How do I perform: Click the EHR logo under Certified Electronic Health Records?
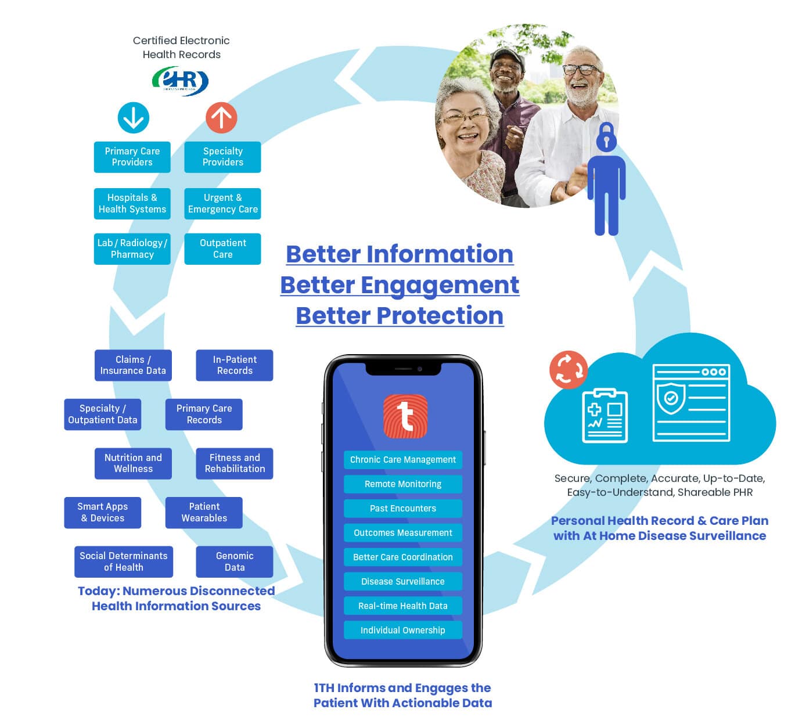[x=180, y=81]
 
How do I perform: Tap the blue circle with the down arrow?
[x=134, y=118]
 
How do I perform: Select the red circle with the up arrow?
[x=221, y=118]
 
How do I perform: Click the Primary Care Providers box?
[x=132, y=157]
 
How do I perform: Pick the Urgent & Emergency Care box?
[x=222, y=204]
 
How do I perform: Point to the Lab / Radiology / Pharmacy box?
[x=132, y=249]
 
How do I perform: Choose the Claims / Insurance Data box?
[x=133, y=365]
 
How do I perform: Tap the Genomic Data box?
[x=235, y=561]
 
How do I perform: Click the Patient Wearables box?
[x=204, y=513]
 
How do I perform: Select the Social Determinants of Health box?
[x=124, y=561]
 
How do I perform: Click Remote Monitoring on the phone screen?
[x=403, y=484]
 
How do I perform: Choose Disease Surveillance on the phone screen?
[x=403, y=582]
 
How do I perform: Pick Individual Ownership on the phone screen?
[x=403, y=631]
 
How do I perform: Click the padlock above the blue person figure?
[x=606, y=138]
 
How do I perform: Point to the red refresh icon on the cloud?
[x=569, y=370]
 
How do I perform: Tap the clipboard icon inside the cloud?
[x=605, y=416]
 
